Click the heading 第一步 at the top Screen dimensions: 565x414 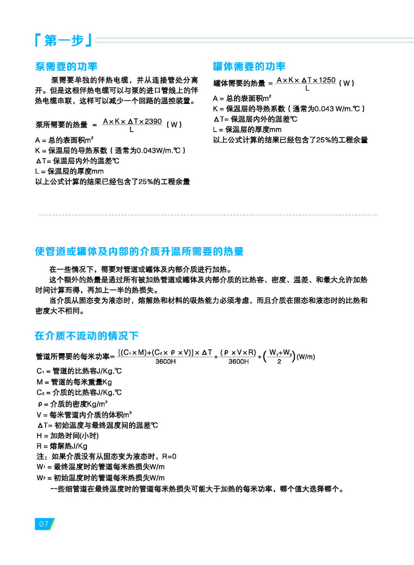(63, 40)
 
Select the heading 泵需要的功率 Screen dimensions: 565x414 (66, 67)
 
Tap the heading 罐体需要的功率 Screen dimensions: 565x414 (249, 67)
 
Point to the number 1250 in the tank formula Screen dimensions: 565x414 (328, 80)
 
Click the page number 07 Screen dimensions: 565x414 (43, 524)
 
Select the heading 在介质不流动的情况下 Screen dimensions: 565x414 (86, 336)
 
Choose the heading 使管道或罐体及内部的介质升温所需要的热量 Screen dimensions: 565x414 (139, 252)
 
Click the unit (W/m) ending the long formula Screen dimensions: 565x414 (306, 357)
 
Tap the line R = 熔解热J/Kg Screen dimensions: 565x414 (62, 446)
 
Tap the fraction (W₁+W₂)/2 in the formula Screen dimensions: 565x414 (279, 357)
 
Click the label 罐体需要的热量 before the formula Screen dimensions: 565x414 (239, 83)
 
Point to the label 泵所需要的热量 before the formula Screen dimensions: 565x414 (61, 125)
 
